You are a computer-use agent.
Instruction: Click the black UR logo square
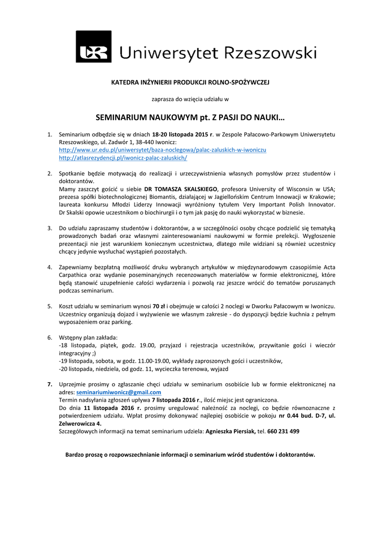pos(94,47)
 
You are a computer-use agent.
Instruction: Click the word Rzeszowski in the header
pos(271,53)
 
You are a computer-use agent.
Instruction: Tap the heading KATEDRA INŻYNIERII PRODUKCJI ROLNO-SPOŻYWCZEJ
pos(190,83)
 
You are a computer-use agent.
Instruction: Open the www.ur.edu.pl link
pos(162,150)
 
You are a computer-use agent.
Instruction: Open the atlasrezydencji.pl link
pos(123,158)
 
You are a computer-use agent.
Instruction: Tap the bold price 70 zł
pos(159,306)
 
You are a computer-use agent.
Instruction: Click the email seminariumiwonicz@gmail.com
pos(119,393)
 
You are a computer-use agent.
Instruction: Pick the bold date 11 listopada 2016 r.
pos(112,408)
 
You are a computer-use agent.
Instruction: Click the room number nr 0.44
pos(288,416)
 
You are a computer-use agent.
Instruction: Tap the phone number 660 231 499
pos(283,432)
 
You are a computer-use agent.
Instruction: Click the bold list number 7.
pos(49,385)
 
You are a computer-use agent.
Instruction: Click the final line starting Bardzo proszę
pos(190,454)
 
